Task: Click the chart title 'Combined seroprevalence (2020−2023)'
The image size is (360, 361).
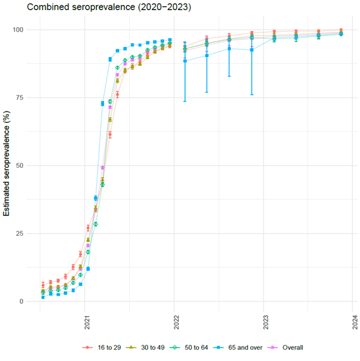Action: [x=100, y=7]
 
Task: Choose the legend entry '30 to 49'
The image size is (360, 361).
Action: [x=150, y=347]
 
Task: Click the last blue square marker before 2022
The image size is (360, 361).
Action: [x=170, y=41]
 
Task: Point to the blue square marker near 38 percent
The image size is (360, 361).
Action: [x=96, y=198]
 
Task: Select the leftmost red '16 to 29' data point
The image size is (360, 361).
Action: [x=43, y=285]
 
